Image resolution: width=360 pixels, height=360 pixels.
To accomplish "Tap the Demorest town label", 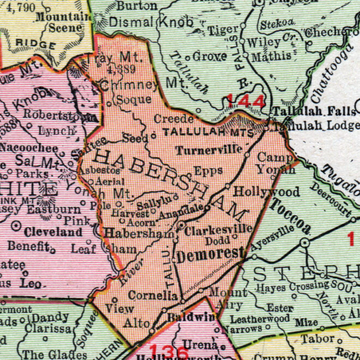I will click(209, 254).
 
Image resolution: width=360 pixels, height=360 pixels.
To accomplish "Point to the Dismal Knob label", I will click(151, 22).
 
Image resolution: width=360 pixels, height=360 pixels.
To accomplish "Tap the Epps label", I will click(208, 170).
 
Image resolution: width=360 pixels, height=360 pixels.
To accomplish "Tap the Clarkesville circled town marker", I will click(181, 225).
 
